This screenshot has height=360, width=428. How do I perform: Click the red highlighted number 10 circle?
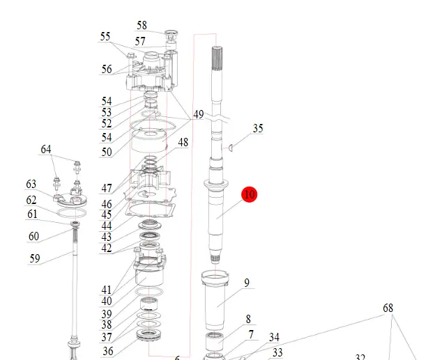(x=250, y=194)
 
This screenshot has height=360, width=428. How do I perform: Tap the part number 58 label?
(x=142, y=25)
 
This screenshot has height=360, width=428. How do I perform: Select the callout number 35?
(x=258, y=128)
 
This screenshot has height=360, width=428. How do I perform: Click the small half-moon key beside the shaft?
(x=231, y=148)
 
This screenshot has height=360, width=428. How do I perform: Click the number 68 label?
(x=388, y=308)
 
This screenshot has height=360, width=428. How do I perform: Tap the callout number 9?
(x=247, y=283)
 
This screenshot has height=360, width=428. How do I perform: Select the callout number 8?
(x=248, y=319)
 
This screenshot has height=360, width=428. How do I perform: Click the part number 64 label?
(x=46, y=149)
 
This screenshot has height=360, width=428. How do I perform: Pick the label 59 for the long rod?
(x=35, y=258)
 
